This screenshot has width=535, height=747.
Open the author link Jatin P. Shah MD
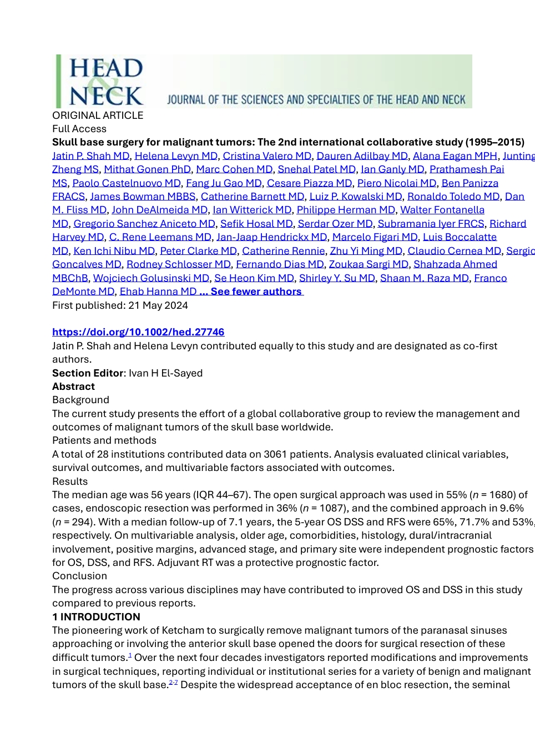pyautogui.click(x=90, y=156)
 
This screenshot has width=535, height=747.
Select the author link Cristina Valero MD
pyautogui.click(x=267, y=156)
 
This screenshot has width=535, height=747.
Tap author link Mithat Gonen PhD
pyautogui.click(x=147, y=169)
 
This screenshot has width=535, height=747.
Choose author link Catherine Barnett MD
pyautogui.click(x=253, y=197)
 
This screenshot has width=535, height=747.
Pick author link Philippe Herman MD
pyautogui.click(x=346, y=210)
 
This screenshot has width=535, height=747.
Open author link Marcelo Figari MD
pyautogui.click(x=375, y=237)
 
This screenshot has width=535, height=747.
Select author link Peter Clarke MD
pyautogui.click(x=198, y=251)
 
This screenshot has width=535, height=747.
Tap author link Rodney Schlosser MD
pyautogui.click(x=178, y=264)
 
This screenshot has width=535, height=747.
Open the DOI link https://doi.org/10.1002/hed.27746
pyautogui.click(x=138, y=332)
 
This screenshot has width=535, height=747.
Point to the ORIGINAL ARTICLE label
pyautogui.click(x=98, y=116)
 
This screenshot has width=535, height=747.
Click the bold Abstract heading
pyautogui.click(x=73, y=387)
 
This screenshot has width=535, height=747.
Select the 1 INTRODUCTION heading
pyautogui.click(x=96, y=617)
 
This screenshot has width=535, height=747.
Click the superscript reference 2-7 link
pyautogui.click(x=173, y=683)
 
